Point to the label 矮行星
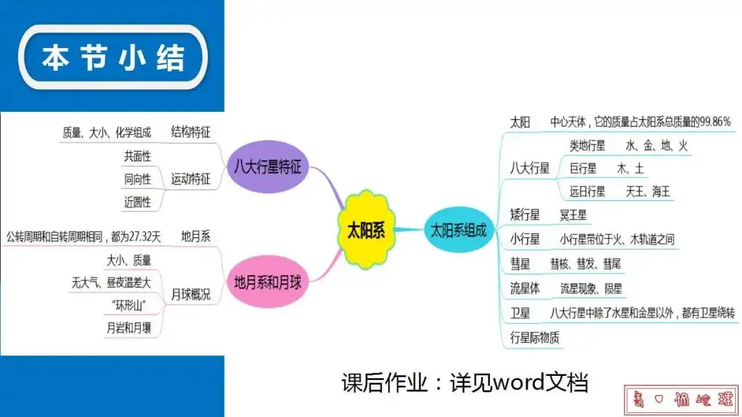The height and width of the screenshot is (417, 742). point(526,215)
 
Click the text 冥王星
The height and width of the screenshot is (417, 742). point(573,215)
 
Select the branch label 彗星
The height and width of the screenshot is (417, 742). point(520,263)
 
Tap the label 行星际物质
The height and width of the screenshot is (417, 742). point(535,337)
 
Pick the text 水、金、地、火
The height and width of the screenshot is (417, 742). point(656,146)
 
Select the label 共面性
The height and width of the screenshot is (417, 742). point(137,156)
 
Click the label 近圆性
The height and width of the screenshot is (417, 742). point(137,202)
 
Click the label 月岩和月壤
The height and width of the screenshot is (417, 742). point(128,328)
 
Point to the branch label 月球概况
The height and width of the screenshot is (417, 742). point(190,295)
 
